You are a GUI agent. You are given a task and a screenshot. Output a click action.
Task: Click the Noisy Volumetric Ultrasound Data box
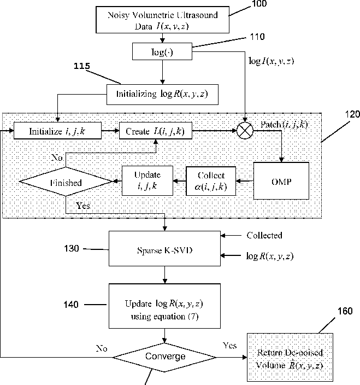pyautogui.click(x=162, y=20)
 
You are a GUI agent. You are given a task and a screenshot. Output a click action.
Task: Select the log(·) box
pyautogui.click(x=162, y=51)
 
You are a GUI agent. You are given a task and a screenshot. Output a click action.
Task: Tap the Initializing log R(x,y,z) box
pyautogui.click(x=162, y=95)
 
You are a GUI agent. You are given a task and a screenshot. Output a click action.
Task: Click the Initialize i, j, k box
pyautogui.click(x=57, y=131)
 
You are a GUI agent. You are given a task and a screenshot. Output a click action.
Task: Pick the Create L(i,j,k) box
pyautogui.click(x=156, y=131)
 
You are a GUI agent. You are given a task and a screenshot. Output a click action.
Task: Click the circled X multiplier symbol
pyautogui.click(x=245, y=131)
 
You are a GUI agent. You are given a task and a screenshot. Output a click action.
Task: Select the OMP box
pyautogui.click(x=281, y=180)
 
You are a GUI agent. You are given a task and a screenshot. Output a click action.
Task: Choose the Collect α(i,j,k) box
pyautogui.click(x=211, y=181)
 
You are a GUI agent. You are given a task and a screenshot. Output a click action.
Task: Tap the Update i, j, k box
pyautogui.click(x=147, y=180)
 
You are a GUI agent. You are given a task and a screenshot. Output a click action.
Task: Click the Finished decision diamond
pyautogui.click(x=66, y=182)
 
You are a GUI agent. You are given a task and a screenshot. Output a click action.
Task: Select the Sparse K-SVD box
pyautogui.click(x=164, y=248)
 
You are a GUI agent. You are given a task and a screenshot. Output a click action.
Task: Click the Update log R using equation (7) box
pyautogui.click(x=164, y=306)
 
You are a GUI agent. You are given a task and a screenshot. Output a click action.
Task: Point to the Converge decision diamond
pyautogui.click(x=164, y=357)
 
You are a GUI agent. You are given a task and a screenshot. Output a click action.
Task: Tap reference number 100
pyautogui.click(x=259, y=4)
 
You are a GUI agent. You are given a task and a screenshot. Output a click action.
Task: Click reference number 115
pyautogui.click(x=82, y=66)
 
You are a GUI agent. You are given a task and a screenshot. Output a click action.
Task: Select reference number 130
pyautogui.click(x=72, y=248)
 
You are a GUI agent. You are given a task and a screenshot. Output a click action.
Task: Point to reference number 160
pyautogui.click(x=345, y=311)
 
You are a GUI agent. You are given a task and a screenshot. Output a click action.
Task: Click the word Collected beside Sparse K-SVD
pyautogui.click(x=264, y=235)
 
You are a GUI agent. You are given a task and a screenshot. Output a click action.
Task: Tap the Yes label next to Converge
pyautogui.click(x=230, y=346)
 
